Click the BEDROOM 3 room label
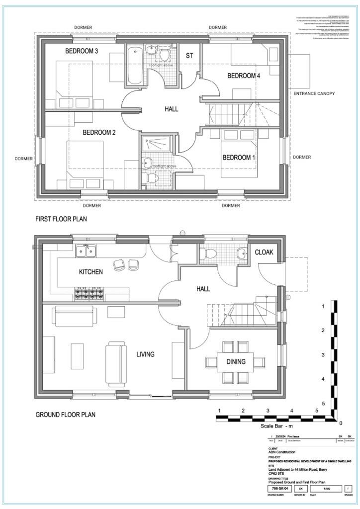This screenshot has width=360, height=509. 82,51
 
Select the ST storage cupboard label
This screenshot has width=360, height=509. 189,56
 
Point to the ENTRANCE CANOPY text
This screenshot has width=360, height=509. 314,93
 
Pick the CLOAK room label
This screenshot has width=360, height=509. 264,253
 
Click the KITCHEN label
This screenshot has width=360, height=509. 90,272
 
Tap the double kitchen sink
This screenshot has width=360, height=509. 86,252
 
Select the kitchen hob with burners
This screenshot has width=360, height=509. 90,294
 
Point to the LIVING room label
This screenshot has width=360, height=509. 146,354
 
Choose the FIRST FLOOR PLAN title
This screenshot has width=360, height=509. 62,219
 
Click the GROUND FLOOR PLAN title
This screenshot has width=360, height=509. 66,414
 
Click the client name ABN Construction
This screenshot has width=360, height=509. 282,452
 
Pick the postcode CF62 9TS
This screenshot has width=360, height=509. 276,474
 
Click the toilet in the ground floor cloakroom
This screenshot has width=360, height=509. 210,253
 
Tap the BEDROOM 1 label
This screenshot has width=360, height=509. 239,158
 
